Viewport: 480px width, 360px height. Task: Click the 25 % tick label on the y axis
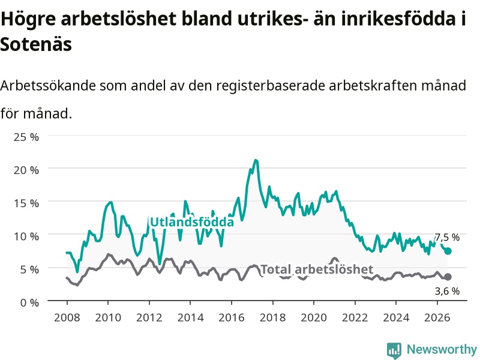point(26,137)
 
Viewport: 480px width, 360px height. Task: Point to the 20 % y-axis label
point(26,170)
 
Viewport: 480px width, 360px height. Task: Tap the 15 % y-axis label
point(26,203)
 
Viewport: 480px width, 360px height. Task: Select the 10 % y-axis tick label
point(26,236)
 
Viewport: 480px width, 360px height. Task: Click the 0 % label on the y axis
point(29,302)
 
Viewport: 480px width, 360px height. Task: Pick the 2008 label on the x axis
point(67,317)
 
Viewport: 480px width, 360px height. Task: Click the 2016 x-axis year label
point(232,317)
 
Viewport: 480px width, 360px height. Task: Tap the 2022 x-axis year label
point(355,317)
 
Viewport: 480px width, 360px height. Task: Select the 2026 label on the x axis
point(437,317)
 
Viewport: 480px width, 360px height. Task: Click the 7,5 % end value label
point(447,237)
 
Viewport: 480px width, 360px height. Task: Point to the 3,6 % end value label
point(447,291)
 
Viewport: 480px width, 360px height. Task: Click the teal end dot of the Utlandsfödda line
point(448,251)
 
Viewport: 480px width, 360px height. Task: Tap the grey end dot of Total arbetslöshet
point(448,277)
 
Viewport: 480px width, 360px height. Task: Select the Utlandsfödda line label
point(192,221)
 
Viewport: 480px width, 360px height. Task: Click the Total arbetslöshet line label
point(317,269)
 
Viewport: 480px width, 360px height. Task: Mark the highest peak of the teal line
point(256,160)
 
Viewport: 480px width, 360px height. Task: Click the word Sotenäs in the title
point(36,44)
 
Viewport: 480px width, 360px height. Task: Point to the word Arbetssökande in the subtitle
point(48,85)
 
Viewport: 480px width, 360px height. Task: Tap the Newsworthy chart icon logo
point(394,350)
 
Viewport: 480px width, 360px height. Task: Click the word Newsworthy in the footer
point(442,349)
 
